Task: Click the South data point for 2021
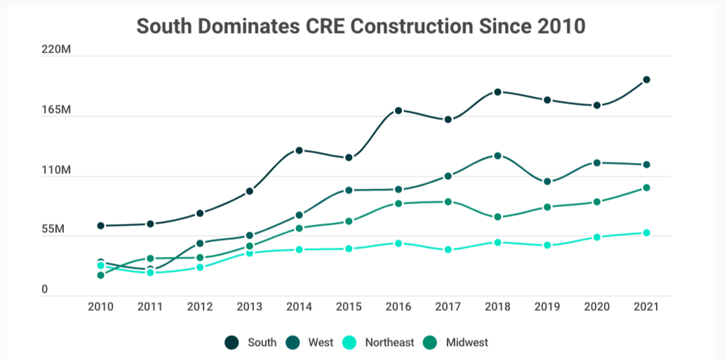[x=646, y=80]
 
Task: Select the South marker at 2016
[x=398, y=111]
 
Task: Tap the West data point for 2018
[x=497, y=156]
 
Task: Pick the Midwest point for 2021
[x=646, y=188]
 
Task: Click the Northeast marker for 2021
[x=646, y=233]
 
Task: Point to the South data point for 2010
[x=101, y=226]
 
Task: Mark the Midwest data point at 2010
[x=101, y=275]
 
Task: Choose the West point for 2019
[x=547, y=182]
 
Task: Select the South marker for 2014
[x=299, y=150]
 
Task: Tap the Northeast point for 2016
[x=398, y=244]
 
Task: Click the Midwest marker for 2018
[x=497, y=218]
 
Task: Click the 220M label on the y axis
[x=56, y=51]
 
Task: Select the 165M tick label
[x=56, y=110]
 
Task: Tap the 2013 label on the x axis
[x=249, y=307]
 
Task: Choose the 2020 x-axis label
[x=596, y=307]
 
